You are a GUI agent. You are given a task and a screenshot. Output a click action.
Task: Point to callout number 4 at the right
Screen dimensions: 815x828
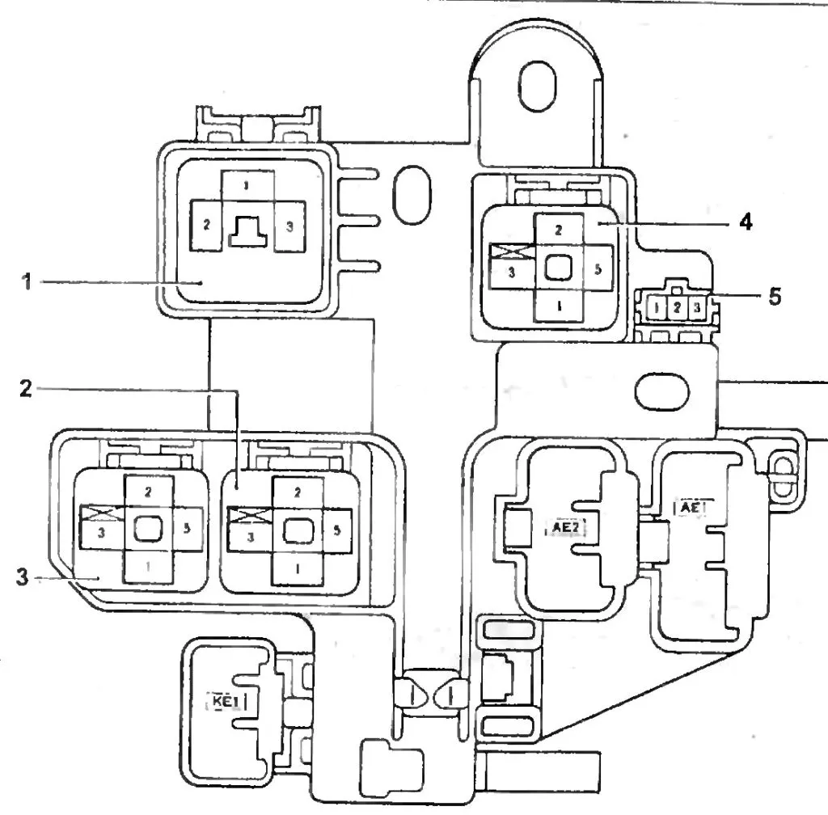(x=745, y=221)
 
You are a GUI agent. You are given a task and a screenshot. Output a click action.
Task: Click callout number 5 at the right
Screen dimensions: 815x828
(x=775, y=296)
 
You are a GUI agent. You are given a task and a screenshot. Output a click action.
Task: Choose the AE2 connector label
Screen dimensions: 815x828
(x=565, y=527)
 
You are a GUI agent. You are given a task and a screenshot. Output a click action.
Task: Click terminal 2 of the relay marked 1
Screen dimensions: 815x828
(x=206, y=226)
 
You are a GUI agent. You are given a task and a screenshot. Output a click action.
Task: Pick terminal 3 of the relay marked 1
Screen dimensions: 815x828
(x=289, y=226)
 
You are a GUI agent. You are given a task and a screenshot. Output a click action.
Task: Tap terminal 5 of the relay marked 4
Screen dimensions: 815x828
(x=597, y=270)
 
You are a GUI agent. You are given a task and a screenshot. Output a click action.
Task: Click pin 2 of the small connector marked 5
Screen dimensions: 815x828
(x=676, y=308)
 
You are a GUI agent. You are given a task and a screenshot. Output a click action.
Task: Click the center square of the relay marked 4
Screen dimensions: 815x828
(x=557, y=269)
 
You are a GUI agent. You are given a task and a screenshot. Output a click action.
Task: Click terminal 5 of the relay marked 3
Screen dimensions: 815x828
(x=188, y=530)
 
